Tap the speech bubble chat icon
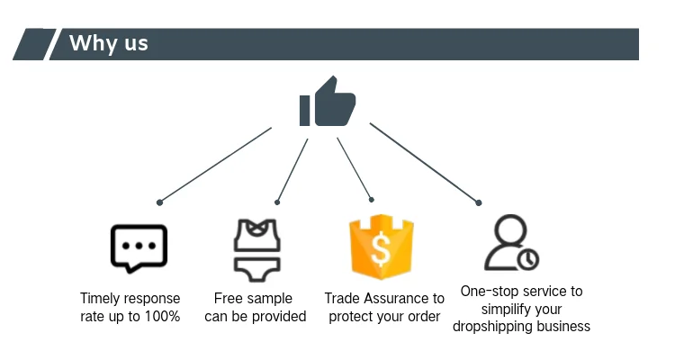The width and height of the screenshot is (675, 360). point(139,247)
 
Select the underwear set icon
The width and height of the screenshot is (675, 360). point(256,247)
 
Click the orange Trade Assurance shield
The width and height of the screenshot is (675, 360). point(381,246)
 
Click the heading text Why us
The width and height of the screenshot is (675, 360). point(108,43)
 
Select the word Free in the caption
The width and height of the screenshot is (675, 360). point(229,298)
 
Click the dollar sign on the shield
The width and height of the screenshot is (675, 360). point(381,252)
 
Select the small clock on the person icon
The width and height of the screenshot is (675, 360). point(528,259)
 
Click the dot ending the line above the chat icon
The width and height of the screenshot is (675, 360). point(159,202)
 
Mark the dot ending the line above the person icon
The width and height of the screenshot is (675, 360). point(479,202)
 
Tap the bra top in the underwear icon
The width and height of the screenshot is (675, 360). point(256,236)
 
